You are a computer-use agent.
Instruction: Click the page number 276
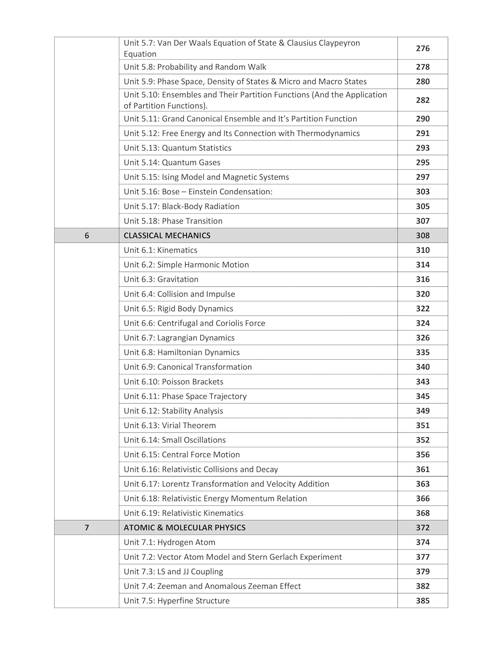point(422,49)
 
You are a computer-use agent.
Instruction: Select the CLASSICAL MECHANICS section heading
point(167,235)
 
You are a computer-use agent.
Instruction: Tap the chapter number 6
point(87,235)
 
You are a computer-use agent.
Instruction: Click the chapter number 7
point(87,527)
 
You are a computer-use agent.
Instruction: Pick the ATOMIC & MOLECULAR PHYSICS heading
point(184,527)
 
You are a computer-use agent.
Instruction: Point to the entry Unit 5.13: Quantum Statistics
point(178,148)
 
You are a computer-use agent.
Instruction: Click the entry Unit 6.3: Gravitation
point(161,279)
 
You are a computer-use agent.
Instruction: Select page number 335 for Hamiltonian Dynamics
point(422,352)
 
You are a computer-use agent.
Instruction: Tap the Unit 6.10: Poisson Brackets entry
point(173,382)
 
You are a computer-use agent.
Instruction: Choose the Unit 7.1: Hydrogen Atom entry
point(169,542)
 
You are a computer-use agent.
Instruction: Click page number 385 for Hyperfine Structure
point(422,601)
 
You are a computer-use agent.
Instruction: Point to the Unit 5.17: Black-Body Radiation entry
point(181,206)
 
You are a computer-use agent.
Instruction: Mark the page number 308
point(422,235)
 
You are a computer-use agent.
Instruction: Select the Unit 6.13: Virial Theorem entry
point(170,426)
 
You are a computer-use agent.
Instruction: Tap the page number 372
point(422,527)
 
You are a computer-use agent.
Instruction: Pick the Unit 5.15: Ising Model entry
point(206,177)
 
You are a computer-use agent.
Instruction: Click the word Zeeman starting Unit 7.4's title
point(171,586)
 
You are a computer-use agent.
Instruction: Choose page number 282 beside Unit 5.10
point(422,100)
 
